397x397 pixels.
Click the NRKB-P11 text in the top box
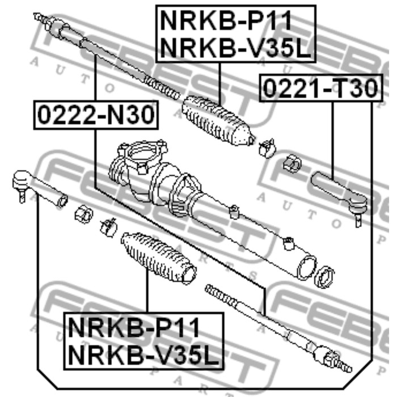click(226, 21)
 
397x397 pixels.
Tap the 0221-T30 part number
click(320, 88)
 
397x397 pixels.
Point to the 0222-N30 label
click(96, 115)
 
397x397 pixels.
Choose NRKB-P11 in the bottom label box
click(134, 328)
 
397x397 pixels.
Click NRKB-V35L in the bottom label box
click(143, 354)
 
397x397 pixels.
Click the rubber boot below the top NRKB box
click(218, 120)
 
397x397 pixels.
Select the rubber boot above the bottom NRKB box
click(159, 257)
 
